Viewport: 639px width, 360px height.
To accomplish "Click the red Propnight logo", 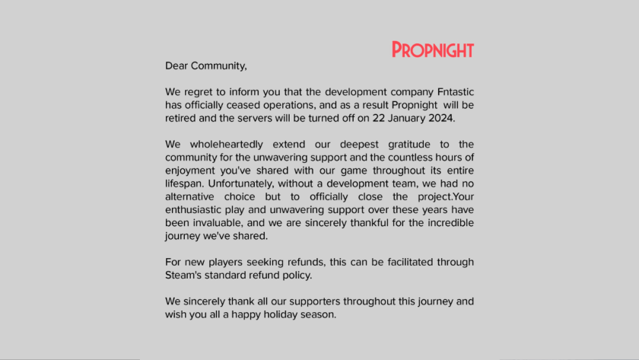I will (x=433, y=50).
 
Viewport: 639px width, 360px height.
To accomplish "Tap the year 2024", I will (x=440, y=119).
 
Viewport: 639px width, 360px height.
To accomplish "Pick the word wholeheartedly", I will (x=221, y=145).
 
